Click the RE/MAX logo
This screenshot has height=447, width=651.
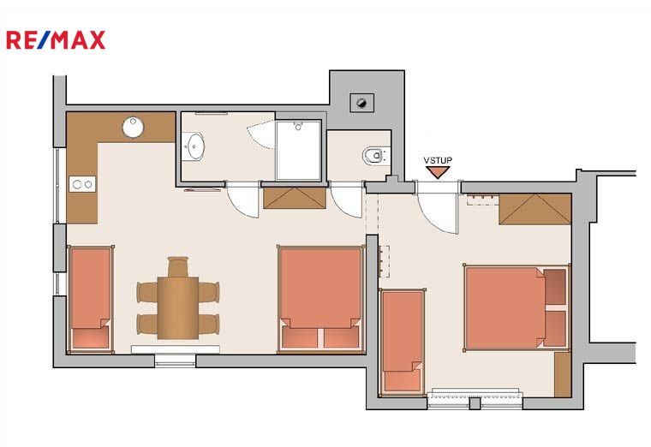(56, 40)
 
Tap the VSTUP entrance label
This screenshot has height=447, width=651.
(438, 160)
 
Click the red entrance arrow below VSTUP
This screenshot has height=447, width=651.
(438, 172)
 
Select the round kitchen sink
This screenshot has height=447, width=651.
(133, 127)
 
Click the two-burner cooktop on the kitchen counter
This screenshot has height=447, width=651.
(82, 184)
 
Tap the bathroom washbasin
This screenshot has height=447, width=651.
(194, 146)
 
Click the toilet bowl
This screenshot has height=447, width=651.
(375, 156)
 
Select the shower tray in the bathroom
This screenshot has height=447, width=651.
(298, 150)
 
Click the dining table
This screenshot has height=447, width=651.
(177, 308)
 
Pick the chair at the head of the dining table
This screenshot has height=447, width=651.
(177, 266)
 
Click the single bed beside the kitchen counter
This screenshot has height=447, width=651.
(91, 299)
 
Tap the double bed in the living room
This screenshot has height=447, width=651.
(320, 299)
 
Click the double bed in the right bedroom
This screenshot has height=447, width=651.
(516, 307)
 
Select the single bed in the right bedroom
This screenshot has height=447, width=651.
(403, 342)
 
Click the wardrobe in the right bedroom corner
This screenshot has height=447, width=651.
(535, 209)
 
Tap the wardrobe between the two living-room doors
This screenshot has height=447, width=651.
(295, 198)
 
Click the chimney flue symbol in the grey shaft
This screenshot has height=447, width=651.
(362, 103)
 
